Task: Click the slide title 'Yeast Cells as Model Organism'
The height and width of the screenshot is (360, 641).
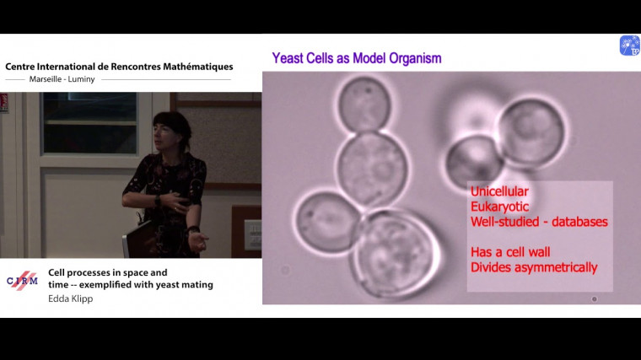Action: (x=356, y=58)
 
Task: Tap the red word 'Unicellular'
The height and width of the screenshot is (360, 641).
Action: (x=499, y=191)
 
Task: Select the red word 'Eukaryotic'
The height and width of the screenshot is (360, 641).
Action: (x=498, y=207)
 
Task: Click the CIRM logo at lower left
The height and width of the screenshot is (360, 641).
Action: (x=22, y=281)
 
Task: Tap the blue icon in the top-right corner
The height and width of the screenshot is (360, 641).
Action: (x=629, y=46)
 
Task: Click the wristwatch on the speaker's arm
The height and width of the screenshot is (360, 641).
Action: (x=157, y=200)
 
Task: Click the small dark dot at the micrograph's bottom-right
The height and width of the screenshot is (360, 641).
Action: (x=595, y=298)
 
